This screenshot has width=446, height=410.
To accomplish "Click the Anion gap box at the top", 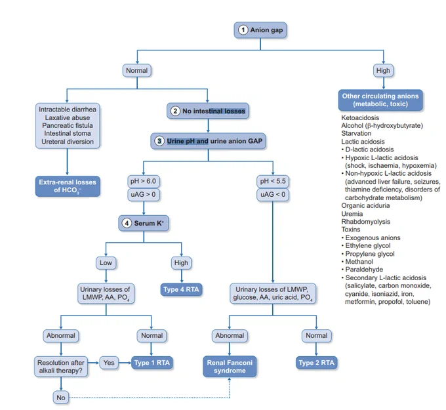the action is pyautogui.click(x=260, y=30).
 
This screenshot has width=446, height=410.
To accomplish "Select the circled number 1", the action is pyautogui.click(x=243, y=30).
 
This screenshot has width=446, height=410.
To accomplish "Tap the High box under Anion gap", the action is pyautogui.click(x=383, y=71).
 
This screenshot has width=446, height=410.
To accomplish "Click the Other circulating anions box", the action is pyautogui.click(x=380, y=100).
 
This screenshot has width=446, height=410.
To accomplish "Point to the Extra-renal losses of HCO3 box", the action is pyautogui.click(x=68, y=186).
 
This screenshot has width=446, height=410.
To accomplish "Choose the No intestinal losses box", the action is pyautogui.click(x=208, y=111).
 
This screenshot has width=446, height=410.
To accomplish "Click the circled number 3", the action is pyautogui.click(x=159, y=141).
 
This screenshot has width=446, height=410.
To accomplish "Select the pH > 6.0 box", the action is pyautogui.click(x=144, y=181).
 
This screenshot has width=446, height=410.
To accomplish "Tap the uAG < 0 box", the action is pyautogui.click(x=273, y=195).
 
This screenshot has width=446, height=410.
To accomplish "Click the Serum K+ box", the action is pyautogui.click(x=144, y=223).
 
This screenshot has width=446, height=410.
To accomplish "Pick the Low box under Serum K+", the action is pyautogui.click(x=106, y=263).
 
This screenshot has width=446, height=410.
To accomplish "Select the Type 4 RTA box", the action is pyautogui.click(x=181, y=290).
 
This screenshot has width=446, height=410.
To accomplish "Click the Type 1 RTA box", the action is pyautogui.click(x=152, y=363).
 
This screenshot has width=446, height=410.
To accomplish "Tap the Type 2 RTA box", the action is pyautogui.click(x=316, y=363).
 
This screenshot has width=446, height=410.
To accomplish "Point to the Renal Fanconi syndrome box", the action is pyautogui.click(x=230, y=367).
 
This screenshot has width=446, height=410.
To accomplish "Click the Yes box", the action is pyautogui.click(x=109, y=363).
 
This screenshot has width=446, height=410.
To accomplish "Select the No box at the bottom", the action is pyautogui.click(x=61, y=398).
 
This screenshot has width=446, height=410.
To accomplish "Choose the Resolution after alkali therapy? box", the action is pyautogui.click(x=61, y=367).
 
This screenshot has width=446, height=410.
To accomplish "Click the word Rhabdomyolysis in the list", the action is pyautogui.click(x=365, y=222).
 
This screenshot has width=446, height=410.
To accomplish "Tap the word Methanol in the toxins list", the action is pyautogui.click(x=359, y=262).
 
